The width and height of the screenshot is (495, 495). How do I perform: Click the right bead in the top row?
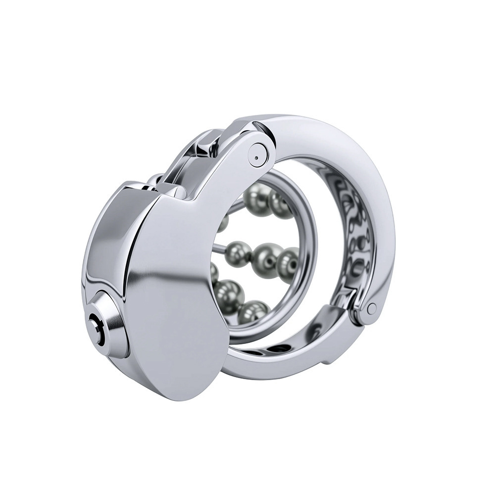pyautogui.click(x=280, y=203)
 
